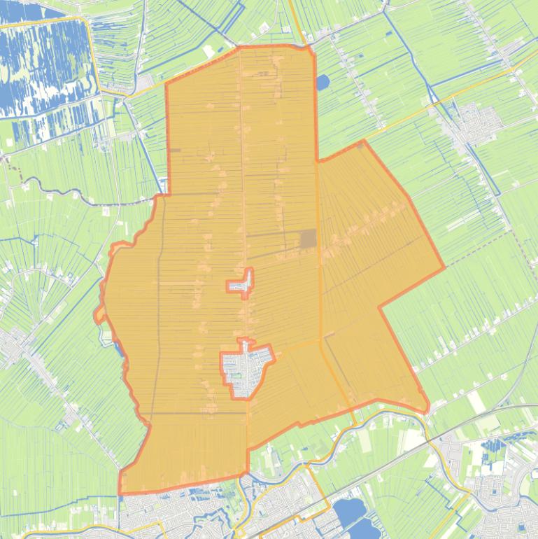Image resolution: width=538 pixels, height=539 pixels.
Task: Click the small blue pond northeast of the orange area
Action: (322, 83)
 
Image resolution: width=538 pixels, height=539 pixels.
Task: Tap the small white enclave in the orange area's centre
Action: (241, 284)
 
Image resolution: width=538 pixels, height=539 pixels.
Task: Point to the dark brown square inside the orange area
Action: (308, 239)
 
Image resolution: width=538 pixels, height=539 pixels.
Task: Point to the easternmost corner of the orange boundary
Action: (444, 267)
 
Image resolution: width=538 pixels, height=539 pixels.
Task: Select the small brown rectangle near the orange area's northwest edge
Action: (175, 150)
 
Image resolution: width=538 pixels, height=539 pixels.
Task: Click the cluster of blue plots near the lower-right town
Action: (497, 448)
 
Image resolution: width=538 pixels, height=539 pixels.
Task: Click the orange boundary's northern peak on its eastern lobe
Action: (363, 141)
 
